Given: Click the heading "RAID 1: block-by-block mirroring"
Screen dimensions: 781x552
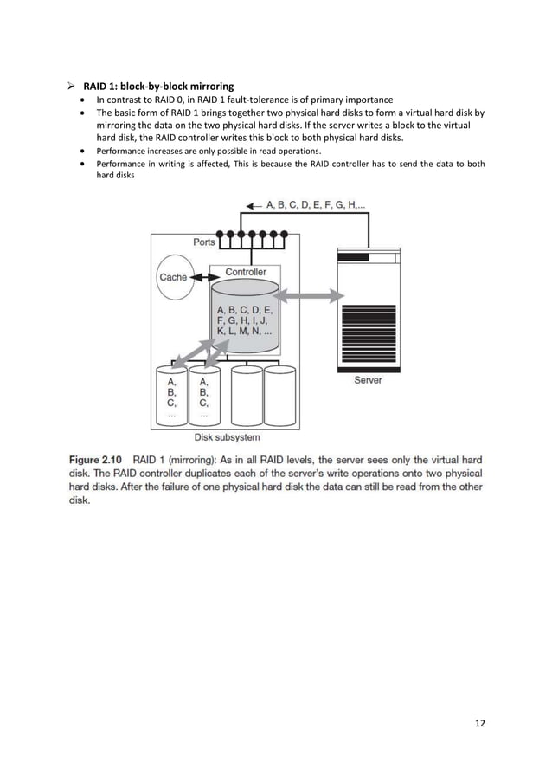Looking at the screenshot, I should pos(157,86).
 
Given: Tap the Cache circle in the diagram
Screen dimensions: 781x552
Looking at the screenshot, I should pos(173,277).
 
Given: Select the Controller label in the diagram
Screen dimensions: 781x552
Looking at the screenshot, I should pos(245,272).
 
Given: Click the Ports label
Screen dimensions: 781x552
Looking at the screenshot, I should pos(204,242).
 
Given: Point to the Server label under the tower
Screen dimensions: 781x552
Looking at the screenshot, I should pos(368,380).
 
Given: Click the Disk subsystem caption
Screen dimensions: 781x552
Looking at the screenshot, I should pos(227,438).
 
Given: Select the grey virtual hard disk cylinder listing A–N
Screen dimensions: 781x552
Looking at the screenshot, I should pos(246,320).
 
